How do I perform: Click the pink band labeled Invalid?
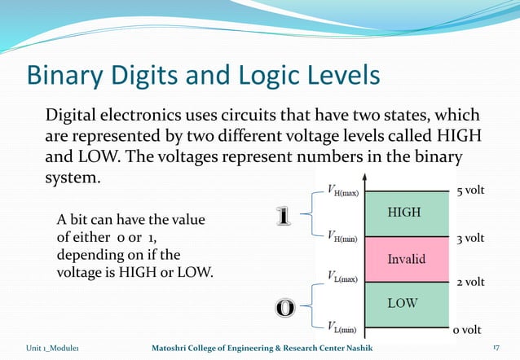[x=406, y=259]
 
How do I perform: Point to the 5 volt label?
[x=470, y=191]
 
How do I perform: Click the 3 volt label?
[x=470, y=239]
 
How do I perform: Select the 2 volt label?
[x=470, y=283]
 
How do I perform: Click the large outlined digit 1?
[x=283, y=217]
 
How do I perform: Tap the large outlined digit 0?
[x=284, y=308]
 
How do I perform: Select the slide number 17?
[x=496, y=349]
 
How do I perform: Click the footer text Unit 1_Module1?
[x=51, y=349]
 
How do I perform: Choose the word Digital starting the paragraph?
[x=74, y=115]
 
